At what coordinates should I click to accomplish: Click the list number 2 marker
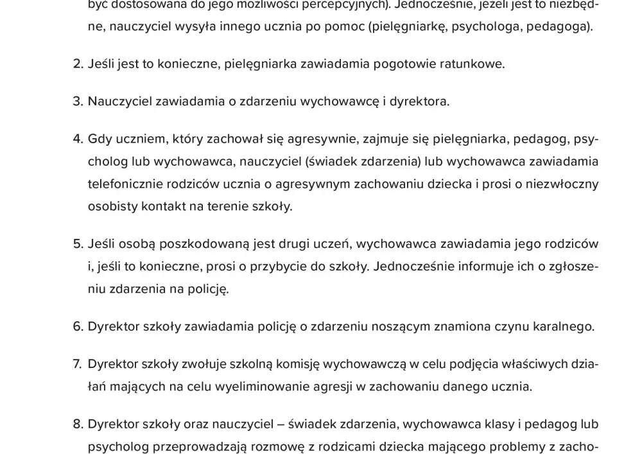(x=78, y=64)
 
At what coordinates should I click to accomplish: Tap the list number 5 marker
(x=78, y=244)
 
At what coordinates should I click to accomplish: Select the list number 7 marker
(x=78, y=365)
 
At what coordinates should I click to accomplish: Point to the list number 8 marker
(x=78, y=424)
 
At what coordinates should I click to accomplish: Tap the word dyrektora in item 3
(x=420, y=101)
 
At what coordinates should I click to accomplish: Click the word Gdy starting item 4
(x=100, y=139)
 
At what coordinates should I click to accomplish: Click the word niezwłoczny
(x=560, y=184)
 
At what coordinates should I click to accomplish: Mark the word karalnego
(x=563, y=327)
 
